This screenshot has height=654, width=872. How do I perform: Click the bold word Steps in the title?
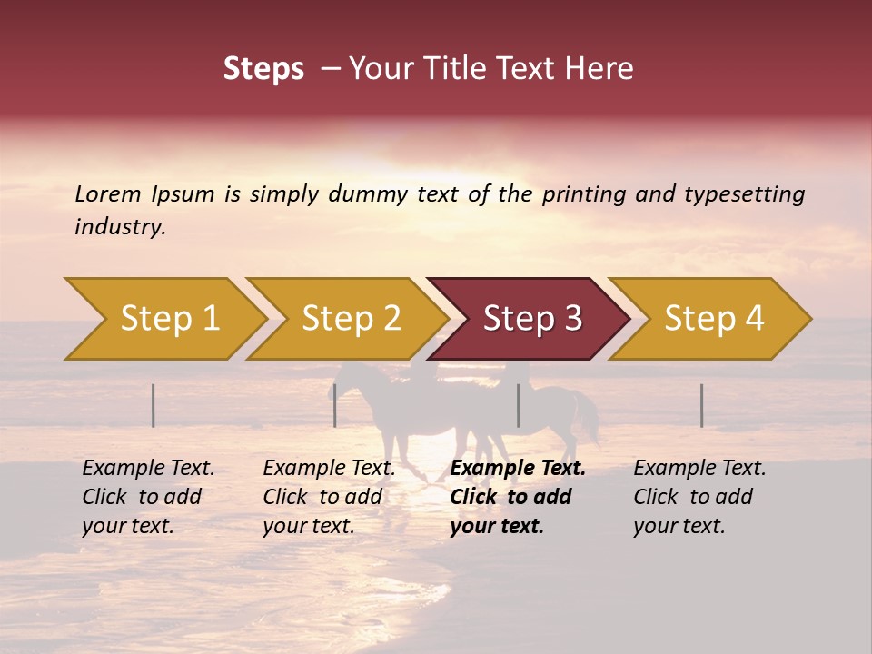pos(263,69)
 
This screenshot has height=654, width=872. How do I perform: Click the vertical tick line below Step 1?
pos(154,405)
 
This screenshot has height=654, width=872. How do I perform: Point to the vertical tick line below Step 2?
pos(335,405)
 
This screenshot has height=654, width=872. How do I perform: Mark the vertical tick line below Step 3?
pos(519,405)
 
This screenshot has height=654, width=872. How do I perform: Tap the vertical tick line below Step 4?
pos(701,405)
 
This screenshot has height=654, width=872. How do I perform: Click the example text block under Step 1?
pos(148,497)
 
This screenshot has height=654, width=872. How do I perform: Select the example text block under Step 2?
pos(329,497)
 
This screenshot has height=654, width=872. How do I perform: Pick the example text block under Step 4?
pos(699,497)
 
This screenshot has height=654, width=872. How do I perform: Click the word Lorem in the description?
pos(108,193)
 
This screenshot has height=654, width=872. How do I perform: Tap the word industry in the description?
pos(120,227)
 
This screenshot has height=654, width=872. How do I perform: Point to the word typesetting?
pos(744,194)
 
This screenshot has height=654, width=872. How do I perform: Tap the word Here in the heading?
pos(599,69)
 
